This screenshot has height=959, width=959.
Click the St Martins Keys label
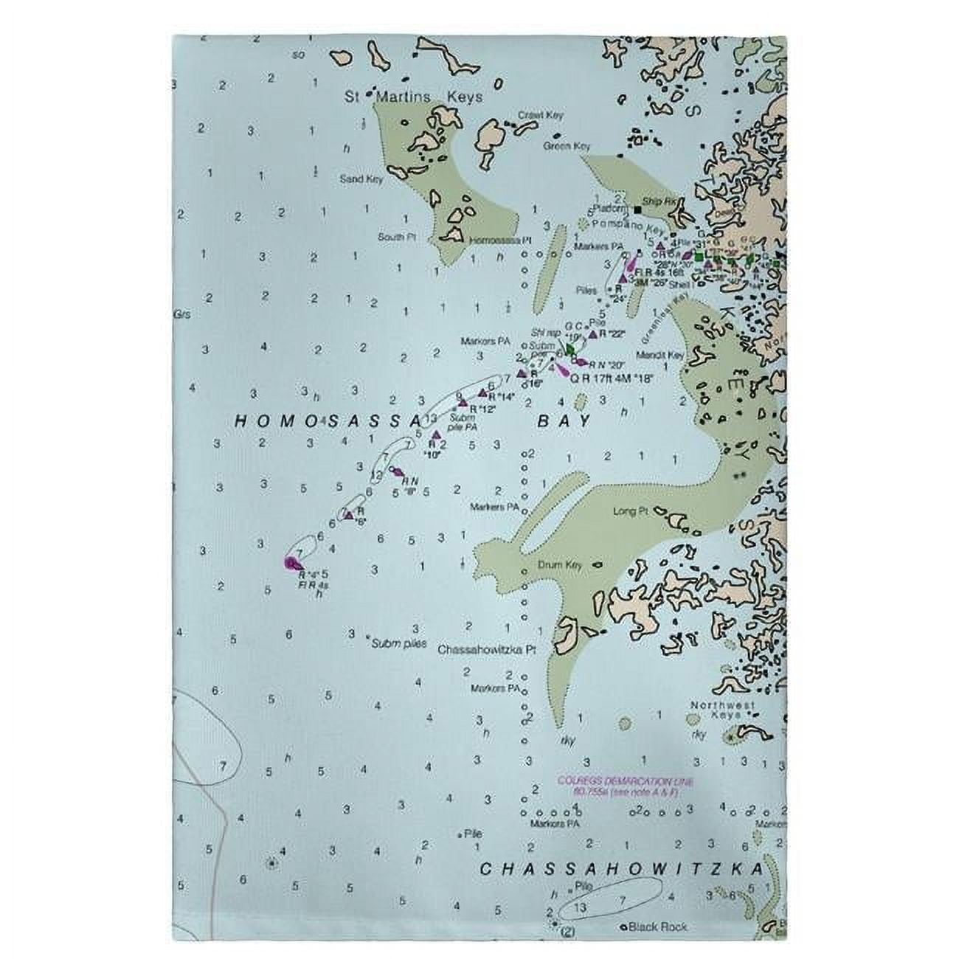coord(414,97)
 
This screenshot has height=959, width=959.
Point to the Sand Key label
coord(361,179)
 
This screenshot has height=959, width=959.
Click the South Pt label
coord(398,237)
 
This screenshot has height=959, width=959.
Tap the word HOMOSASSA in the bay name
coord(327,421)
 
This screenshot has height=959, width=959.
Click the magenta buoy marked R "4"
coord(291,564)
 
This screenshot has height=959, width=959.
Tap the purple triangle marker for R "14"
coord(483,392)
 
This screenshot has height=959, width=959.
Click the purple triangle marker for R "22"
coord(592,334)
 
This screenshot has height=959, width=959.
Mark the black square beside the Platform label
coord(637,209)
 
